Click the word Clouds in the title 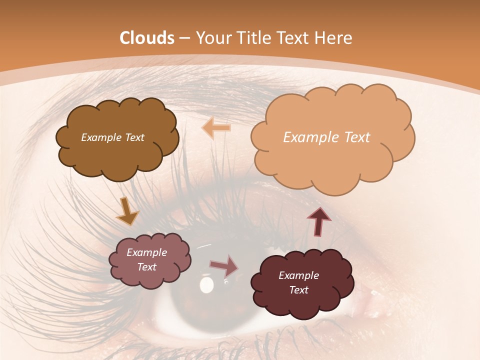147,38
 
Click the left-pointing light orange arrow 216,128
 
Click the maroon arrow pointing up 319,221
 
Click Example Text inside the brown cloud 112,137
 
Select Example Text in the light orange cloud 326,137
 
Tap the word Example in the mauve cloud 146,252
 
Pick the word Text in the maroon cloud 298,290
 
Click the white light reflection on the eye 206,285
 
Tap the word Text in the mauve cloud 146,267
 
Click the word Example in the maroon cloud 298,275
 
